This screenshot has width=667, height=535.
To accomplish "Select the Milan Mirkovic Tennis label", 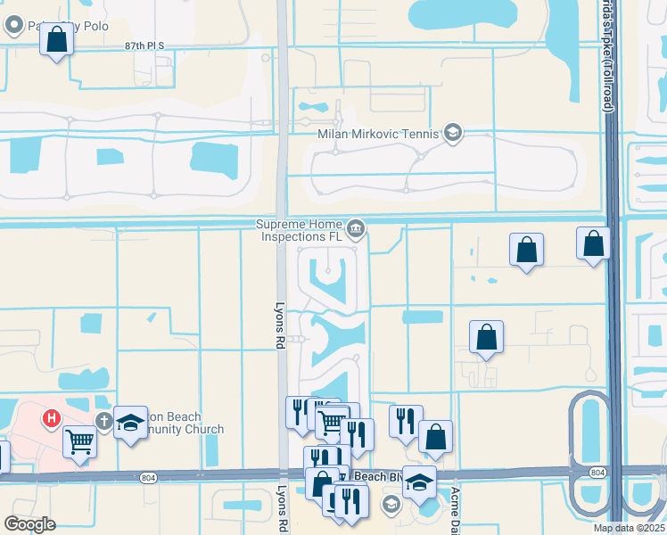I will tap(379, 134).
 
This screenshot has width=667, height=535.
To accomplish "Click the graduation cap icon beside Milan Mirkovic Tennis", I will tap(452, 134).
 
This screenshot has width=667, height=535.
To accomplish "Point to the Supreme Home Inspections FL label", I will tap(299, 230).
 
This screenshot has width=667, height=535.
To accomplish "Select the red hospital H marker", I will tap(53, 416).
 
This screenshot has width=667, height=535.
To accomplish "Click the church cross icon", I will tap(103, 420).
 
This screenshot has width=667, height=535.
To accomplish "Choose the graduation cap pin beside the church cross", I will tap(130, 422).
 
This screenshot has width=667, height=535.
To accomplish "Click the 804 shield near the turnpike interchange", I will tap(597, 472).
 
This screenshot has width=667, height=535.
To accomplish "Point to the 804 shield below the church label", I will tap(148, 479).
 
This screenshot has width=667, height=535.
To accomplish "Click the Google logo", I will tap(29, 524).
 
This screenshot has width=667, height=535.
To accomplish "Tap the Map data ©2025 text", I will tap(628, 528).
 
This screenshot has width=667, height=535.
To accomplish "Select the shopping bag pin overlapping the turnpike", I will tap(593, 243).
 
